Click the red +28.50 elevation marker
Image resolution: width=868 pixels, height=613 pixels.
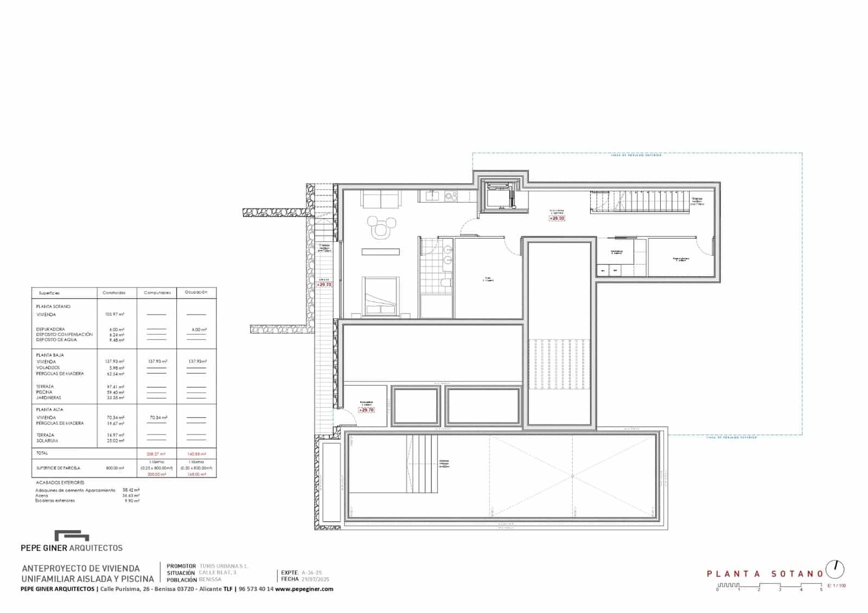coord(557,218)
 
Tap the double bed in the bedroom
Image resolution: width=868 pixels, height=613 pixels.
coord(380,296)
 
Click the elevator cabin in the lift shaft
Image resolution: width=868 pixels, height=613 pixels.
coord(499,197)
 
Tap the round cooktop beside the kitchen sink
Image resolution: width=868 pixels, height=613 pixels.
coord(450,196)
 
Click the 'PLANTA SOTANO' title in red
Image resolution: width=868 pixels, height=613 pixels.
coord(765,573)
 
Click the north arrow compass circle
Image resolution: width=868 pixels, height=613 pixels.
coord(835,569)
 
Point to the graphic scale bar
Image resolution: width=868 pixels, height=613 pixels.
coord(769,586)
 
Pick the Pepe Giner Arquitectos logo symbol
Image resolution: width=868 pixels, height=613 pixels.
coord(72,536)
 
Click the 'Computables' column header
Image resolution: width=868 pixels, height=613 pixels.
coord(157,293)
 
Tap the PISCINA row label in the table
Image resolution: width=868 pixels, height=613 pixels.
coord(44,392)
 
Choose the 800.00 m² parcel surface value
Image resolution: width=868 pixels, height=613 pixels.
coord(114,468)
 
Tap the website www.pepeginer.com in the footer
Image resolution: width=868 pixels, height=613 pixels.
coord(304,589)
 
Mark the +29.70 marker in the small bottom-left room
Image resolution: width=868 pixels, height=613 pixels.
coord(367,410)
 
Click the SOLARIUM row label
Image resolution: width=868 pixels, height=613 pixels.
coord(47,441)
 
